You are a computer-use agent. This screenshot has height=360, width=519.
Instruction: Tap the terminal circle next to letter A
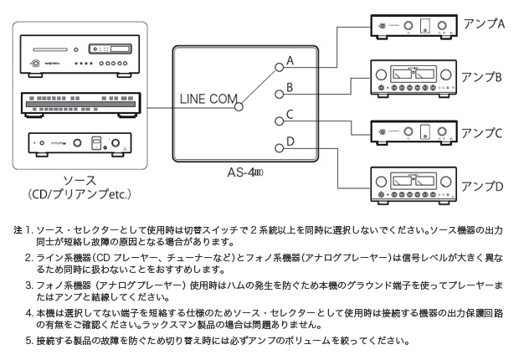[279, 66]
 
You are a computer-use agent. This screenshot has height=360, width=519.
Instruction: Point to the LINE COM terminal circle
[240, 106]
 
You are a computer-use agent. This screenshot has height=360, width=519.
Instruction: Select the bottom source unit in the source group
[79, 144]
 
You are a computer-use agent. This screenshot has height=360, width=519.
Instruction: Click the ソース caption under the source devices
[79, 179]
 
